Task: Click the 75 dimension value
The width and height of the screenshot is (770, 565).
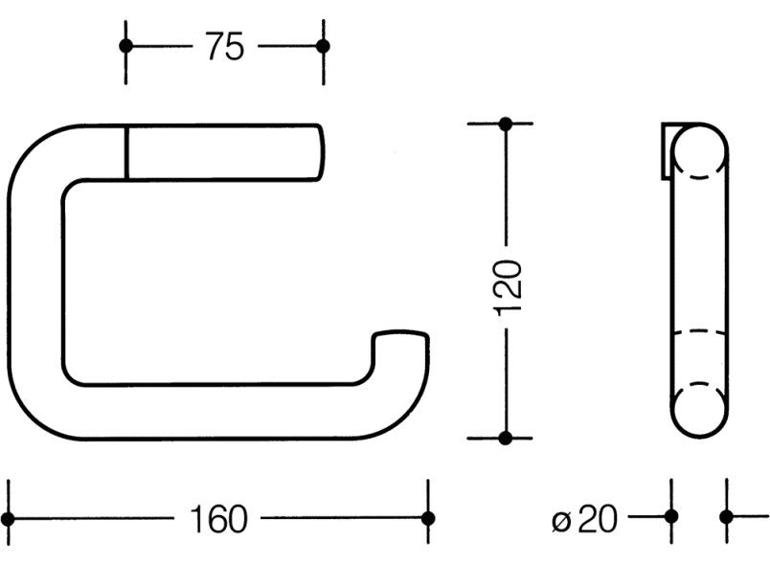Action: (x=224, y=47)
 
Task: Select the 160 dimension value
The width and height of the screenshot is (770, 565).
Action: (x=218, y=519)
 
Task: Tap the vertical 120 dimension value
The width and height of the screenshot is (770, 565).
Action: (x=508, y=288)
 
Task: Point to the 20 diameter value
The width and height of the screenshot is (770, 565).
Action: (x=598, y=519)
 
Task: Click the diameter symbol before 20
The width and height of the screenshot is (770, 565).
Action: (x=562, y=521)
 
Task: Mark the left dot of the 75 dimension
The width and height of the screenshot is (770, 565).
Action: (x=125, y=46)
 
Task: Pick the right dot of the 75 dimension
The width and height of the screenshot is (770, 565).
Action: (x=323, y=46)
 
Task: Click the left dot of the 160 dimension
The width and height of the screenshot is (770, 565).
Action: (x=8, y=518)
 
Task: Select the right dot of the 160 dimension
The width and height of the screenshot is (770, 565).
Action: (x=428, y=518)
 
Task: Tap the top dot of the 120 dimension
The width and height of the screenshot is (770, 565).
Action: (x=506, y=124)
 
